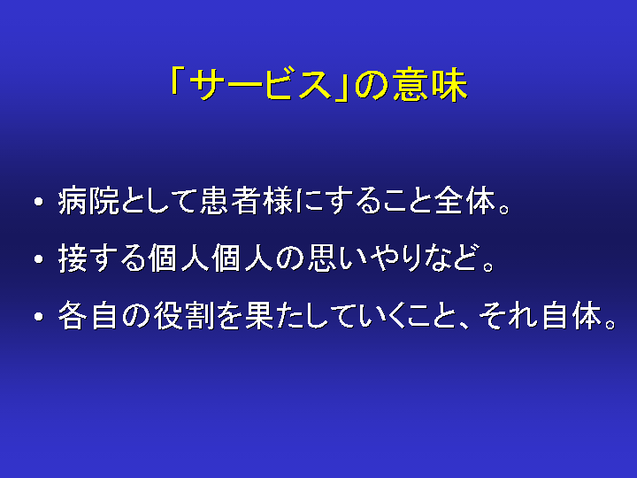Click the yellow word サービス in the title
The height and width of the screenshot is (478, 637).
click(260, 85)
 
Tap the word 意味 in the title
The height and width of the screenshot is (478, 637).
click(429, 85)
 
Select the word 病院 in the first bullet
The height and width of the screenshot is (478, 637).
click(89, 201)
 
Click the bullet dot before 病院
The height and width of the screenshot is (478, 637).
click(39, 202)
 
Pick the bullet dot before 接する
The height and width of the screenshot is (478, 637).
click(39, 258)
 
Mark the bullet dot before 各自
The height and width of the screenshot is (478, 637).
click(39, 316)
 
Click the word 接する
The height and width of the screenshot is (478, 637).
click(102, 258)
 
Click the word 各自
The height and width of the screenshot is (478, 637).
click(88, 315)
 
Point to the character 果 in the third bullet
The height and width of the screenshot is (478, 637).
click(260, 315)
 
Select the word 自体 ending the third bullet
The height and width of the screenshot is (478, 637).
click(572, 315)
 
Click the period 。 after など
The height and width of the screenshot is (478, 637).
click(488, 267)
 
